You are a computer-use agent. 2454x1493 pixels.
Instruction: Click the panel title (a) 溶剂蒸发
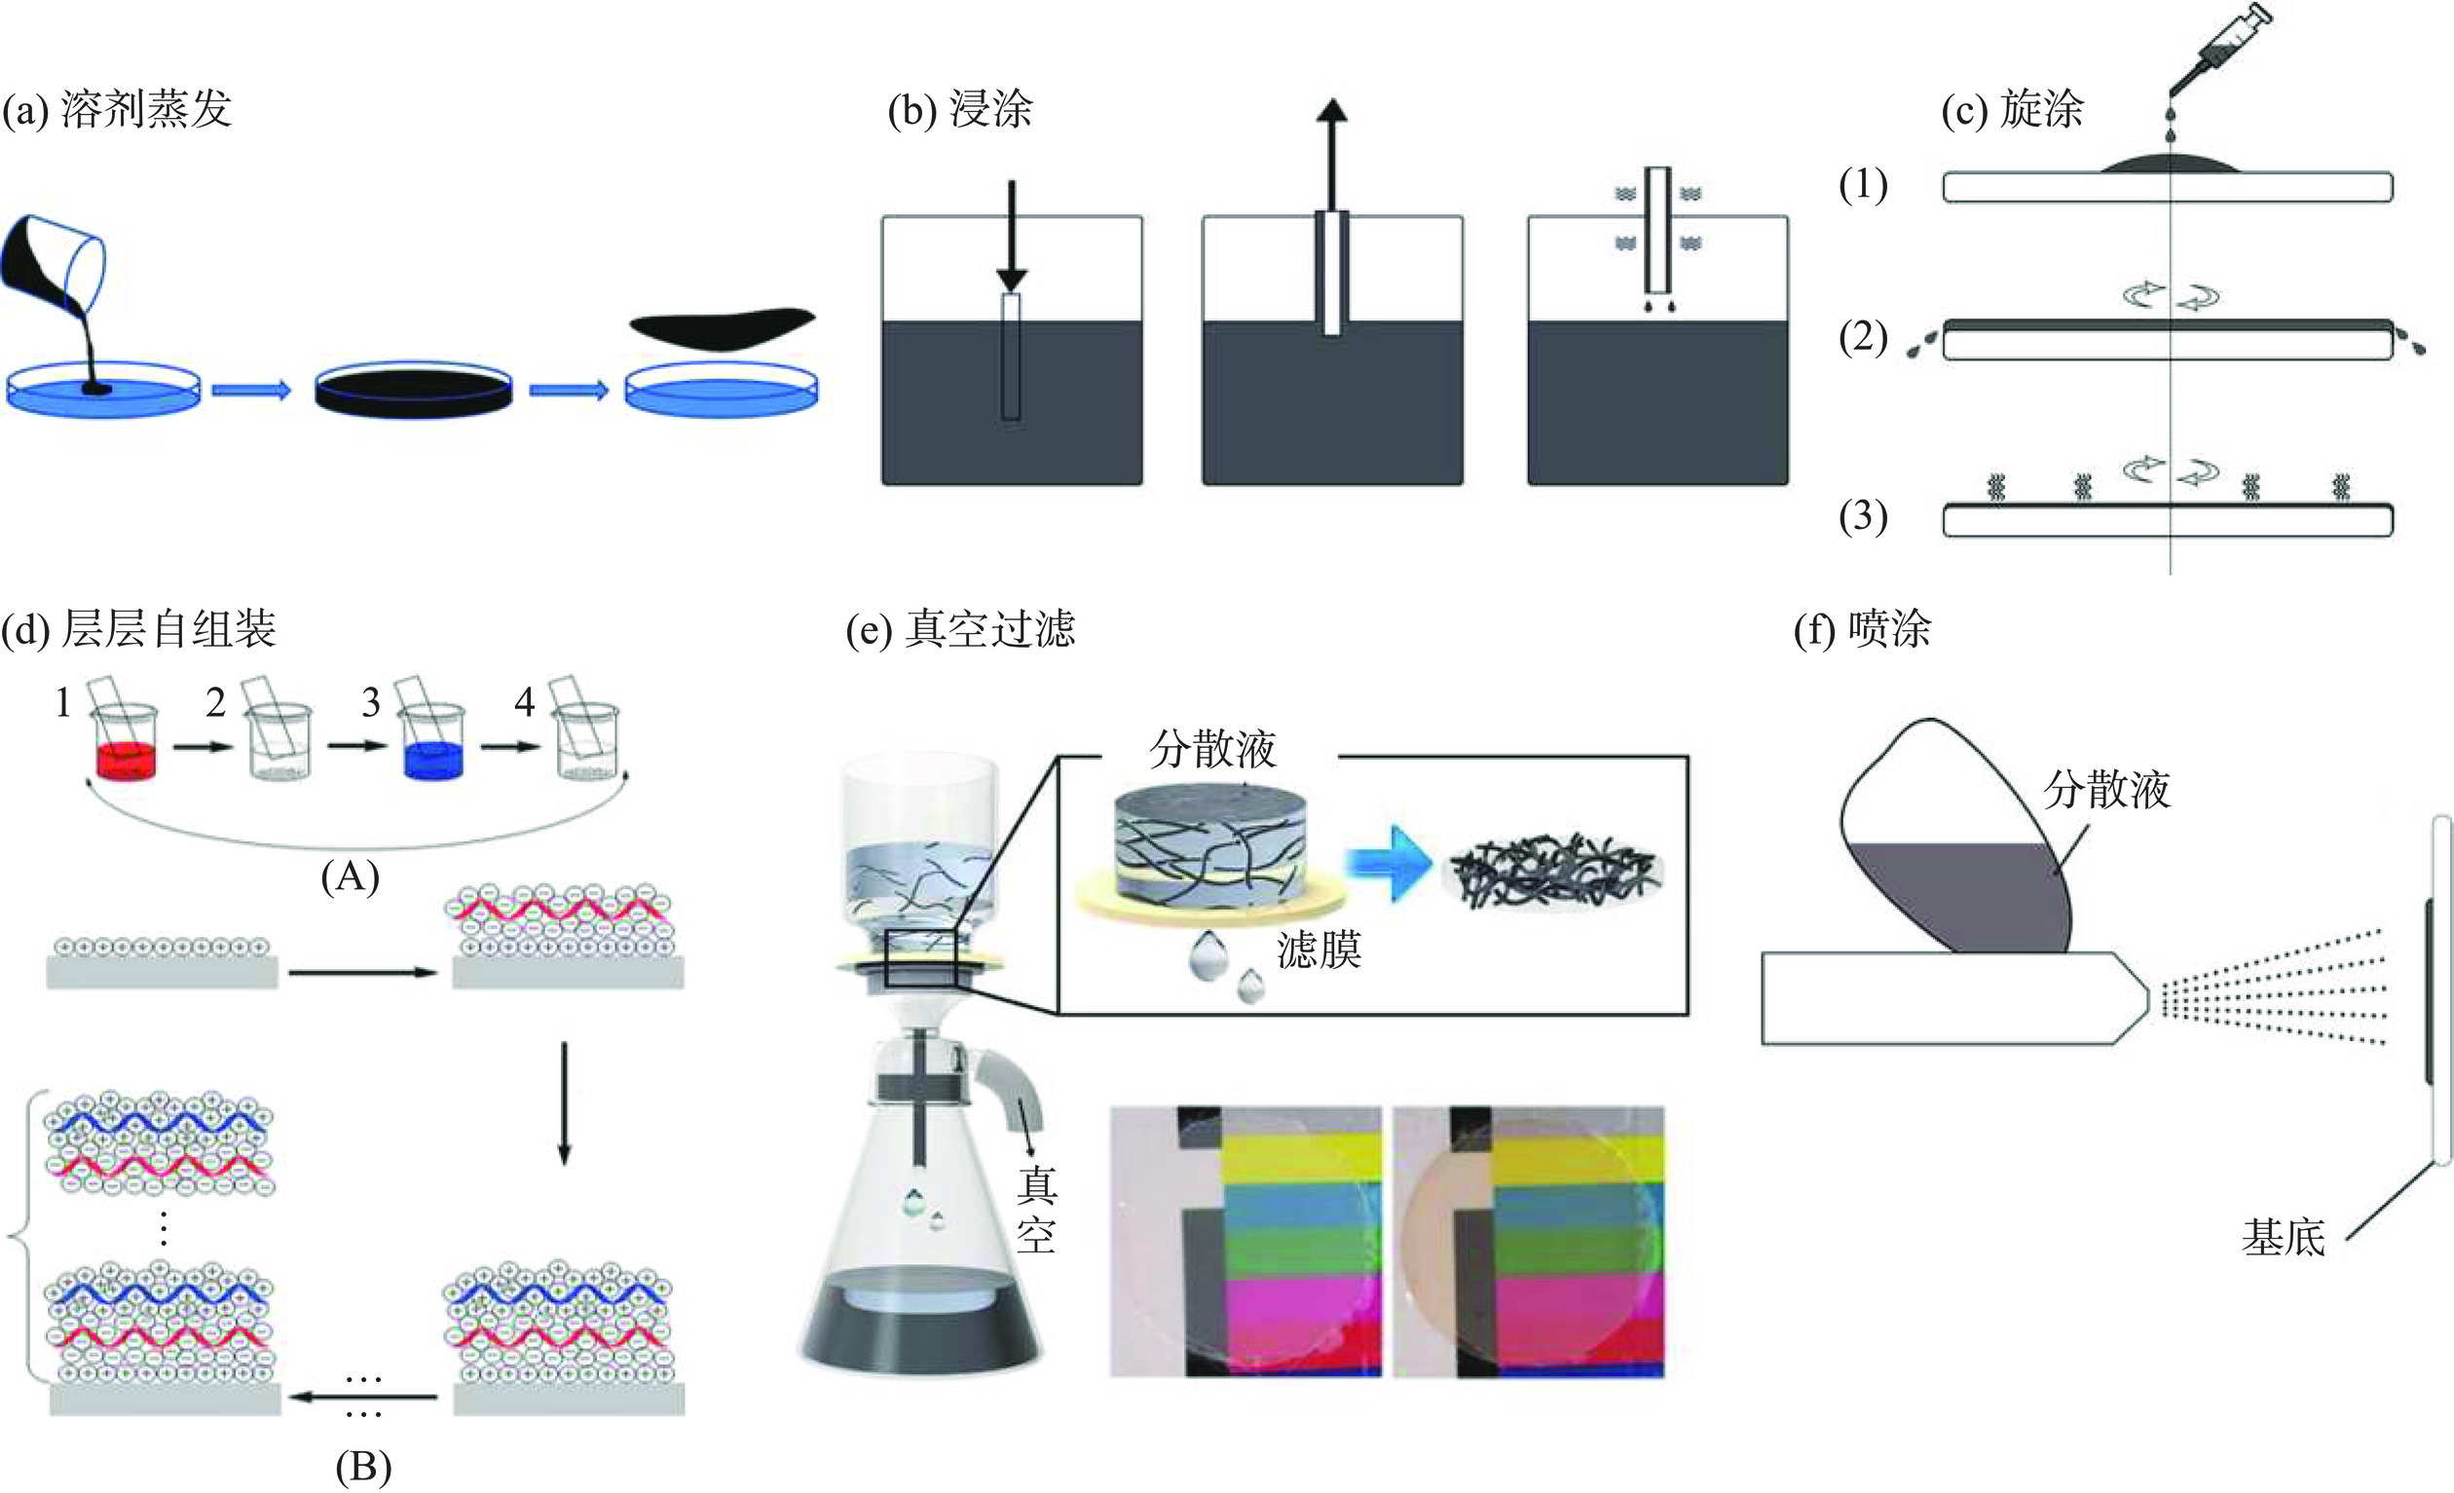(118, 108)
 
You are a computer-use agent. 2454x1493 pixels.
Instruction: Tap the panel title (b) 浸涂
(960, 108)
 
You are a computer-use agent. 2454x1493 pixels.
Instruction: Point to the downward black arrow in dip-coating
(1011, 234)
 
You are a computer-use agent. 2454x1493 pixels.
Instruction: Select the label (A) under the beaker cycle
(351, 877)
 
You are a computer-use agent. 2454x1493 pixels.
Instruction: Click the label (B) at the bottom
(363, 1467)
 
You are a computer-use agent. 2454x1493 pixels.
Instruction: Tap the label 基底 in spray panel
(2283, 1238)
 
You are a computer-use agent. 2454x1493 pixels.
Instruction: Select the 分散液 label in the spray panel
(2106, 790)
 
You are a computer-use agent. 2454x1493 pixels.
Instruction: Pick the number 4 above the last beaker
(525, 702)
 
